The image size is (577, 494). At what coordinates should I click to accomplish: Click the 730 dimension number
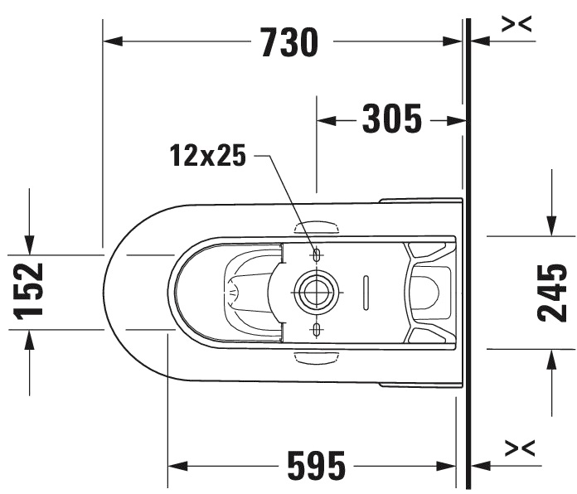point(289,42)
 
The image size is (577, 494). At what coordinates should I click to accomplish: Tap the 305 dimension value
point(392,119)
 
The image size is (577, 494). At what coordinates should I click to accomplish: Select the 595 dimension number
point(317,465)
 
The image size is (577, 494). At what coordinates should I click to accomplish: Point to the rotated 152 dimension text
point(28,291)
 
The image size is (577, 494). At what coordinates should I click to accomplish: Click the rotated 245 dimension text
point(551,293)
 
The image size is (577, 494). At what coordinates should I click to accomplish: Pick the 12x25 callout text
point(207,155)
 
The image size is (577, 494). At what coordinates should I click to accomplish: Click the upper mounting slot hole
point(317,254)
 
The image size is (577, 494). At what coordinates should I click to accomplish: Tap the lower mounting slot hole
point(317,330)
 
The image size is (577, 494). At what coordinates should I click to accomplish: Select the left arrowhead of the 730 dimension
point(113,41)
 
